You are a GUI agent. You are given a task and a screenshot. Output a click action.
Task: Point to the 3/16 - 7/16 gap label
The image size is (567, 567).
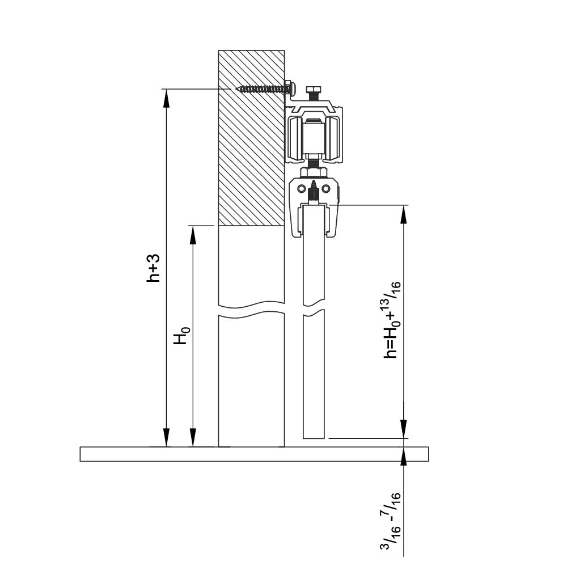pyautogui.click(x=391, y=522)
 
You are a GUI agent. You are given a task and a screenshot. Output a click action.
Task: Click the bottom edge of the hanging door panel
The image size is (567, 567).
pyautogui.click(x=314, y=438)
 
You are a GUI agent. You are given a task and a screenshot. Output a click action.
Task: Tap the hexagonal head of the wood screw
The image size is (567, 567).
pyautogui.click(x=288, y=87)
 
